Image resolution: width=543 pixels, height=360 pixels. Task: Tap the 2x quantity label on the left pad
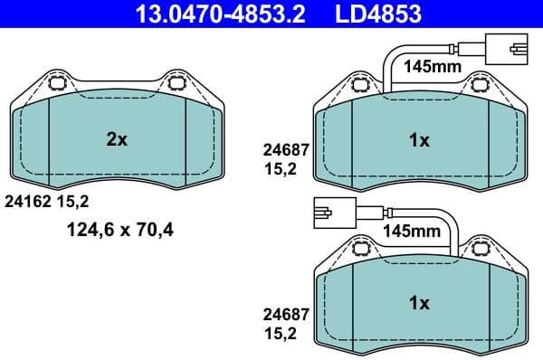(117, 139)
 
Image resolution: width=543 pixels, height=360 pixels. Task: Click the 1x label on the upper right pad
(419, 140)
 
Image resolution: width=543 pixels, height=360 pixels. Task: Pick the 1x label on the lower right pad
(419, 303)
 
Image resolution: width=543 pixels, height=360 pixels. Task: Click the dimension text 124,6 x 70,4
(118, 230)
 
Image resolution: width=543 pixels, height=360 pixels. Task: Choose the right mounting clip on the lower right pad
(480, 249)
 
